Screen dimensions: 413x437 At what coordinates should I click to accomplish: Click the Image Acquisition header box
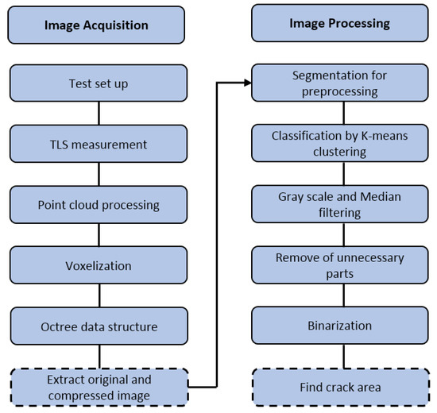pyautogui.click(x=96, y=24)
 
